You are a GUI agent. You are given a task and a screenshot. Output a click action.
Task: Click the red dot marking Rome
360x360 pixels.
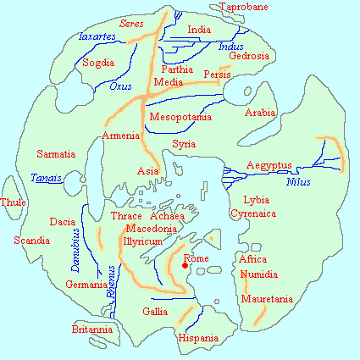pos(185,269)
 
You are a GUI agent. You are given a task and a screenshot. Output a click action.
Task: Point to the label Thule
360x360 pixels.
pos(14,203)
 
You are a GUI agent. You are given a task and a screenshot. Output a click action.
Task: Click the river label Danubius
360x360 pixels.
pos(75,248)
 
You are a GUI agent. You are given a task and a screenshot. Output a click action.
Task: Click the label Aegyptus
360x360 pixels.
pos(269,164)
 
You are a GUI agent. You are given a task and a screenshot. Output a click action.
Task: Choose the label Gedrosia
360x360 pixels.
pos(249,57)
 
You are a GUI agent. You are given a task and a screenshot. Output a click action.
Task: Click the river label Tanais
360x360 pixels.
pos(46,179)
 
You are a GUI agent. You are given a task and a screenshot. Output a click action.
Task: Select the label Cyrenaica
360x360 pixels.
pos(253,214)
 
